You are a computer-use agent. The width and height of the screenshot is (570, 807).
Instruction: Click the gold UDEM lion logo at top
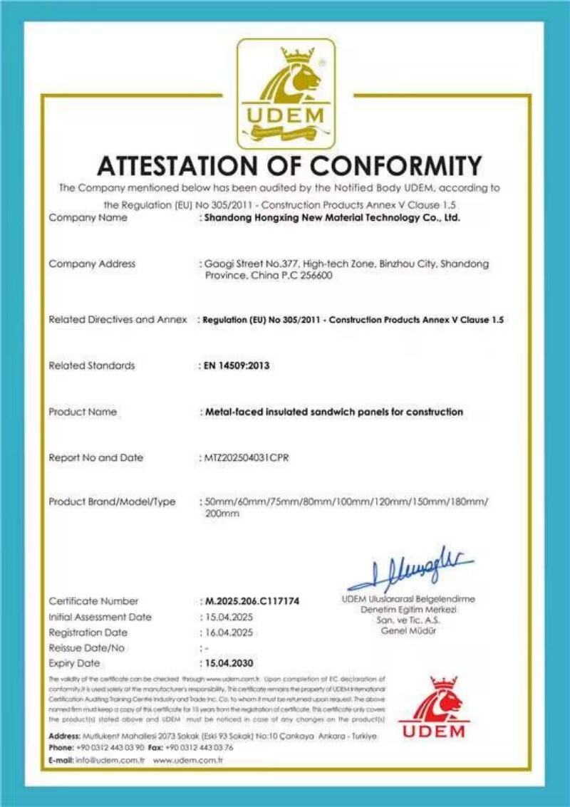[286, 93]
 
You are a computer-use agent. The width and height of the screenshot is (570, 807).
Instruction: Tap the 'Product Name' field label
[83, 412]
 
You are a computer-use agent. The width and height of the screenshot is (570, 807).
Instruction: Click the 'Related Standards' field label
[91, 365]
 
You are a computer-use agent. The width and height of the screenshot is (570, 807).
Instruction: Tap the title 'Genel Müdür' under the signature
[408, 630]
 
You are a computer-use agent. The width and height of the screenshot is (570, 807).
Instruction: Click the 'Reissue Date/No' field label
[86, 647]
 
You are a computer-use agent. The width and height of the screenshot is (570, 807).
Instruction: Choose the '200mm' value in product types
[222, 514]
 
